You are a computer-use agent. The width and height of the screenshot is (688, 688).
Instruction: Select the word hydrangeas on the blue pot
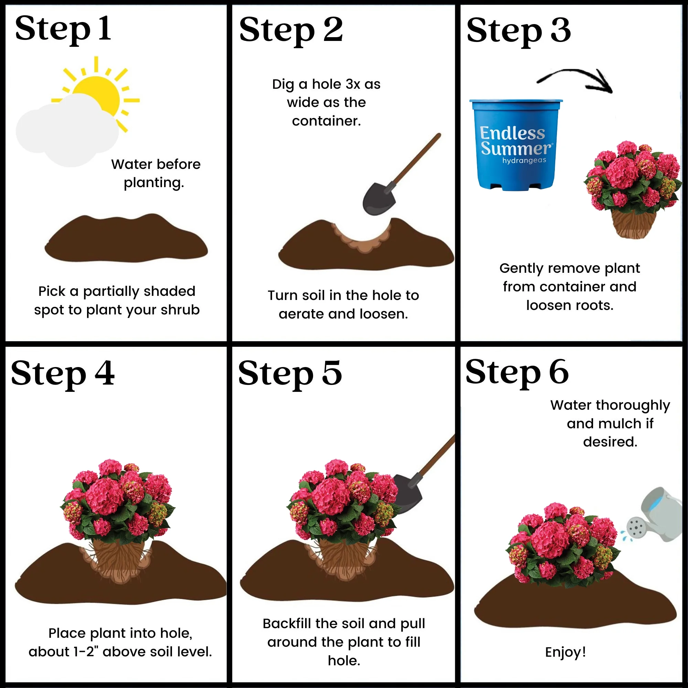coord(524,161)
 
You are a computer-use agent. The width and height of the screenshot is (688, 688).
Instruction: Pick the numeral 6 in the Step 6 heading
coord(559,372)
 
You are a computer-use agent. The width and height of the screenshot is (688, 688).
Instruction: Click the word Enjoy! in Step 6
coord(566,652)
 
